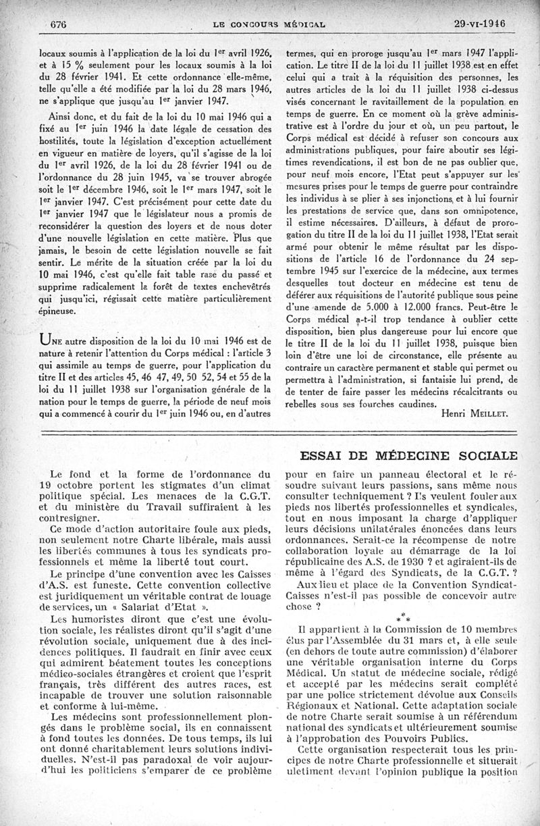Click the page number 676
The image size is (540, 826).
pyautogui.click(x=62, y=24)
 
